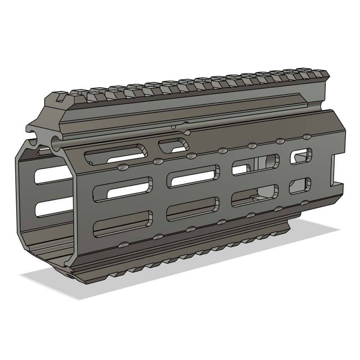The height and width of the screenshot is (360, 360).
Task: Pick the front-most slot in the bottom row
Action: (123, 224)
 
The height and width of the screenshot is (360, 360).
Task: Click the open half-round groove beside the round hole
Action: (35, 132)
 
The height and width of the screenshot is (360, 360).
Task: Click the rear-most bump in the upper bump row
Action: (306, 137)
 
